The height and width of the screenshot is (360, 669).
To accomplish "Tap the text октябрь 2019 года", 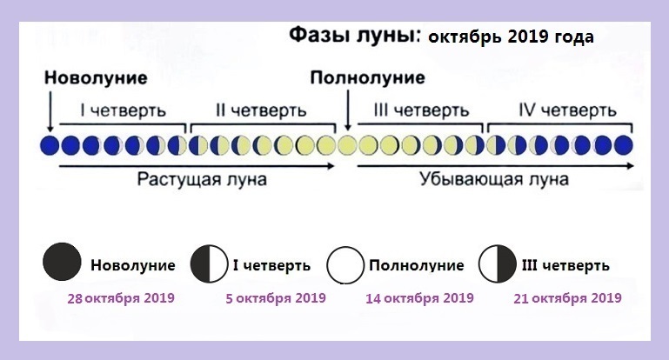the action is tap(512, 37).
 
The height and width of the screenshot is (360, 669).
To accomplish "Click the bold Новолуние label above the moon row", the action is tap(96, 78).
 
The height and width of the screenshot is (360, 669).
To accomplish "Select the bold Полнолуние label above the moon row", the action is tap(368, 78).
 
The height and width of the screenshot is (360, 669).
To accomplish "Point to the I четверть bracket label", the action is tap(123, 110).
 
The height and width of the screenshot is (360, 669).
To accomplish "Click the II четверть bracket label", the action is tap(261, 110).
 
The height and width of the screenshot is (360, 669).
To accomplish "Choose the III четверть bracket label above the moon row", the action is tap(422, 110).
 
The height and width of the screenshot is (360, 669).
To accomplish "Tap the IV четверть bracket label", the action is tap(567, 110).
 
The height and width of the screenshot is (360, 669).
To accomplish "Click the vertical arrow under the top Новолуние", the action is tap(50, 112).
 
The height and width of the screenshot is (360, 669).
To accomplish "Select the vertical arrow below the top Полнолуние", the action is tap(348, 110).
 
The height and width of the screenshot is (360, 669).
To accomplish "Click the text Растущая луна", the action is tap(202, 180).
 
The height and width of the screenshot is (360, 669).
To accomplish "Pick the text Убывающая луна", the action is tap(494, 179).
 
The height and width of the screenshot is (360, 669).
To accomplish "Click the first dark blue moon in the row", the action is tap(50, 145).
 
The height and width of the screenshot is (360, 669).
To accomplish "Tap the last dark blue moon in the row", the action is tap(623, 145).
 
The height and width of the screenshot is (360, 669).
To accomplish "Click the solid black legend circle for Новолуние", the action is tap(62, 262).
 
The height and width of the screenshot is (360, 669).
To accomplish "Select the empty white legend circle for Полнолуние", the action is tap(345, 265).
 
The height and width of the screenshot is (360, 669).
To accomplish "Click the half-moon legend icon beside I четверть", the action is tap(209, 264).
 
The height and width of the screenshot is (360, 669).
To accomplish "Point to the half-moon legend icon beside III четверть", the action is tap(497, 264).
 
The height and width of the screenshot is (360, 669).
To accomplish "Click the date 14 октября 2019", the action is tap(420, 297).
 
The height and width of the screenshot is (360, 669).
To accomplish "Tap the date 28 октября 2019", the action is tap(121, 297).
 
